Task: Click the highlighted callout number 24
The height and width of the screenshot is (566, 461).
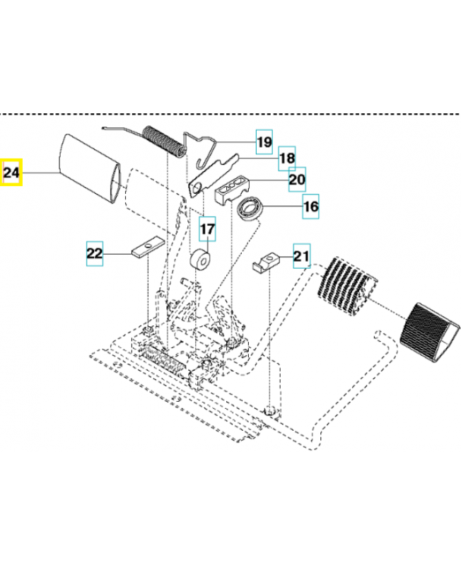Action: point(13,172)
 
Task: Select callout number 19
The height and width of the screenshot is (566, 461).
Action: point(264,143)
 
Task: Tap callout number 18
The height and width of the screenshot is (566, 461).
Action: point(286,159)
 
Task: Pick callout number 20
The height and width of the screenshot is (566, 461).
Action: point(297,180)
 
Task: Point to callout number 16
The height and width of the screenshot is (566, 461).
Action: point(311,207)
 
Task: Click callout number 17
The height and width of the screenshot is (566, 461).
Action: point(207,230)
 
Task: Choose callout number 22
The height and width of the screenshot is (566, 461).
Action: point(95,253)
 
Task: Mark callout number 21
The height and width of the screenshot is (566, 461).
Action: point(302,255)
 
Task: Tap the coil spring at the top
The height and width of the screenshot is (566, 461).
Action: point(163,146)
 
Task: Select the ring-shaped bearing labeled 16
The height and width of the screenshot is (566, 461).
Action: point(249,209)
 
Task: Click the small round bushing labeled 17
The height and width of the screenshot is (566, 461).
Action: point(199,260)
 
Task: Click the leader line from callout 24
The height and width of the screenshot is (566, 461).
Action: point(41,172)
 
